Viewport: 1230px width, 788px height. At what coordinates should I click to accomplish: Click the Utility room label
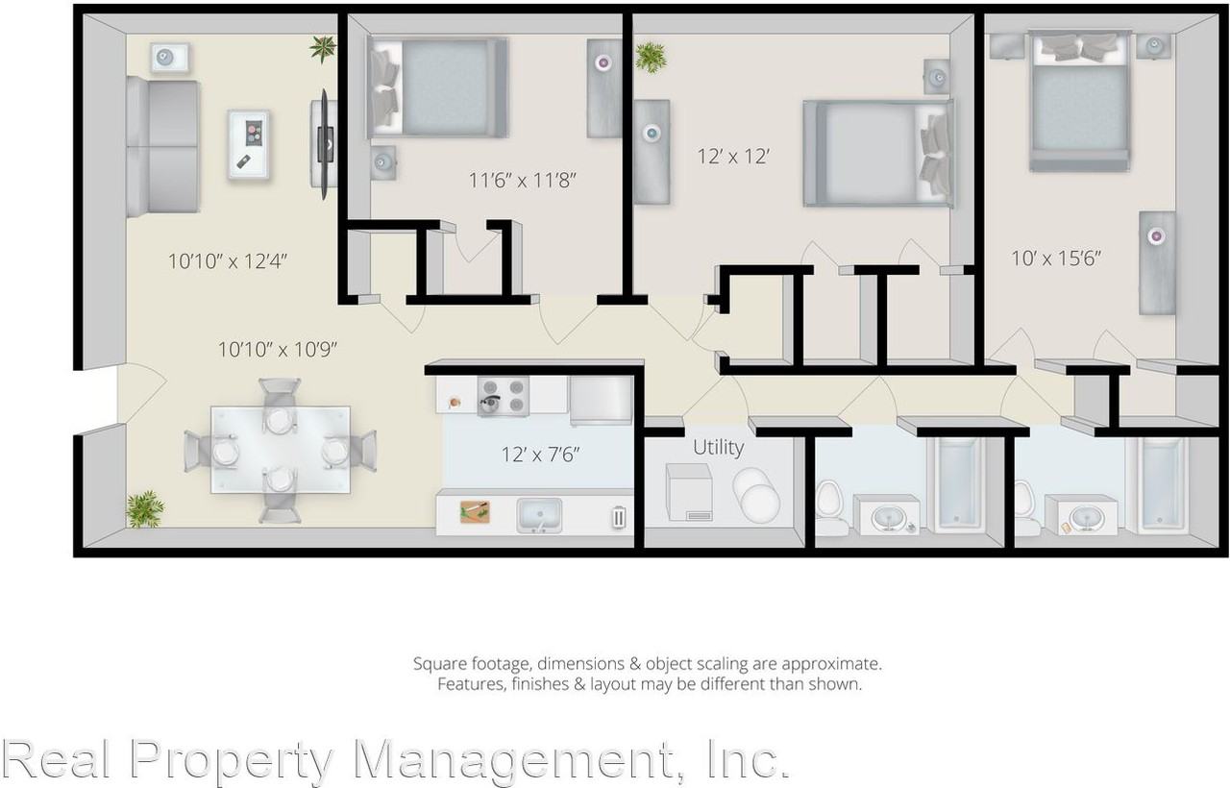click(x=718, y=447)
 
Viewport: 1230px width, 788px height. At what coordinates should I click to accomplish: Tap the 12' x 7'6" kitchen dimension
click(x=540, y=454)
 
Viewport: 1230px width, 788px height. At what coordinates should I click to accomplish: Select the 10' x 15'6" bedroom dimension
click(x=1055, y=258)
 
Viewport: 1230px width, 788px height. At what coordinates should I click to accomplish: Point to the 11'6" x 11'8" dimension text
click(x=523, y=179)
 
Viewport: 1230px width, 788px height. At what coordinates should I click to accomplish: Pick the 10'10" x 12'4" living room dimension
click(x=228, y=259)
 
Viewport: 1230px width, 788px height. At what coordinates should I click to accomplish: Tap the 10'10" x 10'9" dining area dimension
click(x=277, y=349)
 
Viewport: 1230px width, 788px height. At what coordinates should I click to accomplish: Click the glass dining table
click(x=280, y=450)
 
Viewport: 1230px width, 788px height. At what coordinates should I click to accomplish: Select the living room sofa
click(x=163, y=146)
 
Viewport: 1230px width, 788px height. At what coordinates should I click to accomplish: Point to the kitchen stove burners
click(x=504, y=394)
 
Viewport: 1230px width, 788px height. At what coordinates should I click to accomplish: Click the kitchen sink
click(x=540, y=516)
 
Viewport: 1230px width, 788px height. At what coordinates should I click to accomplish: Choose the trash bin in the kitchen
click(x=618, y=517)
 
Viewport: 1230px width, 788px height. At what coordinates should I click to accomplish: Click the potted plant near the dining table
click(x=145, y=508)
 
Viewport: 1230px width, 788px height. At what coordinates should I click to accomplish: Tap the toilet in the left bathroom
click(x=830, y=508)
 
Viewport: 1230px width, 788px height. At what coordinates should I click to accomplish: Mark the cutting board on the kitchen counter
click(x=474, y=512)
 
